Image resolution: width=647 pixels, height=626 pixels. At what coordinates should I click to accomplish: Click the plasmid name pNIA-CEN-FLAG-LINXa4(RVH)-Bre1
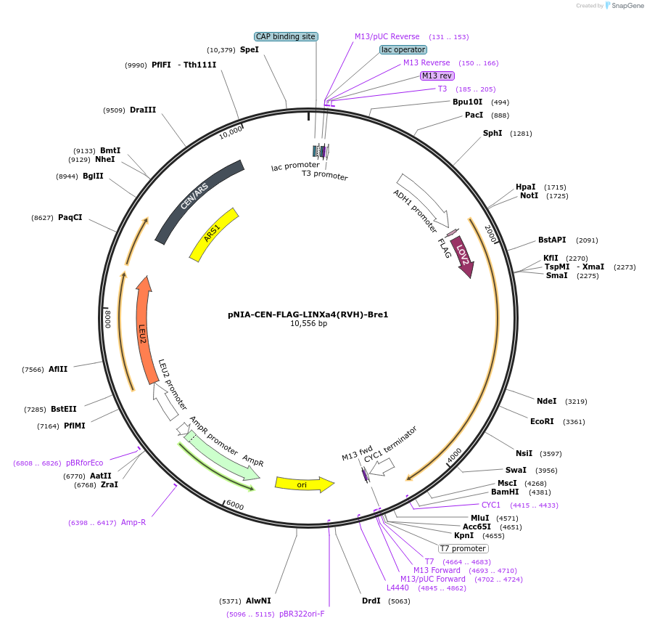(x=308, y=314)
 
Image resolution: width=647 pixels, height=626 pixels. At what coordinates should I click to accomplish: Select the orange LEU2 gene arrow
(x=144, y=327)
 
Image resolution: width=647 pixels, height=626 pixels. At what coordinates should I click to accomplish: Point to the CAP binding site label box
(x=286, y=36)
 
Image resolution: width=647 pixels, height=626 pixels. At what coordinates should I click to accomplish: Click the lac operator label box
(x=403, y=50)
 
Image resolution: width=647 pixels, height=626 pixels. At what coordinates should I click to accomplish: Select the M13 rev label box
(x=437, y=76)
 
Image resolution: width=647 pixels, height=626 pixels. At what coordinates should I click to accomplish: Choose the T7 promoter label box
(x=463, y=548)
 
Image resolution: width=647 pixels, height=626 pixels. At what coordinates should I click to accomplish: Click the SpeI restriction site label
(x=249, y=50)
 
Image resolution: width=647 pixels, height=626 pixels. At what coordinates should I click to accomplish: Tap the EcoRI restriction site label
(x=542, y=421)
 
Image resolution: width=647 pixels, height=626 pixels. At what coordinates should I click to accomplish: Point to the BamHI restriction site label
(x=506, y=492)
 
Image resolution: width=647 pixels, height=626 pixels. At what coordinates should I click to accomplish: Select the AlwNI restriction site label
(x=258, y=601)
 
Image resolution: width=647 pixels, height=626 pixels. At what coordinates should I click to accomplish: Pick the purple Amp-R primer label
(x=133, y=522)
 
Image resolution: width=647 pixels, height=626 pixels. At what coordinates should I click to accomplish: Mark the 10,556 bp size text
(x=308, y=324)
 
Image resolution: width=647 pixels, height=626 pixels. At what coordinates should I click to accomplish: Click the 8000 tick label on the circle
(x=107, y=319)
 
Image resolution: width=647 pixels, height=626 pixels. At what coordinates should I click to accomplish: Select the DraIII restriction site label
(x=143, y=110)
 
